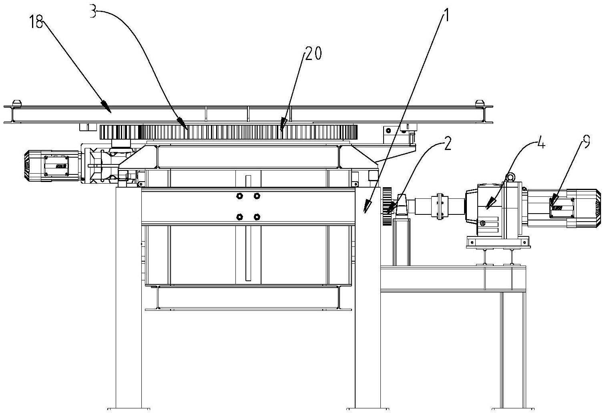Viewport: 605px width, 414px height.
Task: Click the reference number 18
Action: click(36, 22)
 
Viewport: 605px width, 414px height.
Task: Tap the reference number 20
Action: click(313, 53)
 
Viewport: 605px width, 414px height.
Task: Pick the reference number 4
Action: click(541, 144)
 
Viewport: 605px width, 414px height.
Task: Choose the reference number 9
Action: click(586, 141)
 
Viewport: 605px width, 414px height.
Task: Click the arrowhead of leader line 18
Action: click(107, 107)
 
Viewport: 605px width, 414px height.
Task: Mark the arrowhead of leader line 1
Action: click(367, 209)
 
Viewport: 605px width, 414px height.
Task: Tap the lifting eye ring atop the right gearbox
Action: click(510, 177)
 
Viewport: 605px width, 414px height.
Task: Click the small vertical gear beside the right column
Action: click(387, 206)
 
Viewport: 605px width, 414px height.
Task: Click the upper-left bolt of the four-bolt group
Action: click(239, 196)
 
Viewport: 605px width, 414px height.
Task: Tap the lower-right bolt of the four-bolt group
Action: click(257, 217)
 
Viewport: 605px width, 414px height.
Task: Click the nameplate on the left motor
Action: click(56, 166)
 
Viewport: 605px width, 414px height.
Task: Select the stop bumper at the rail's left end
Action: click(17, 103)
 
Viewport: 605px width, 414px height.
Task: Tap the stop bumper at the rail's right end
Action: click(479, 103)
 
